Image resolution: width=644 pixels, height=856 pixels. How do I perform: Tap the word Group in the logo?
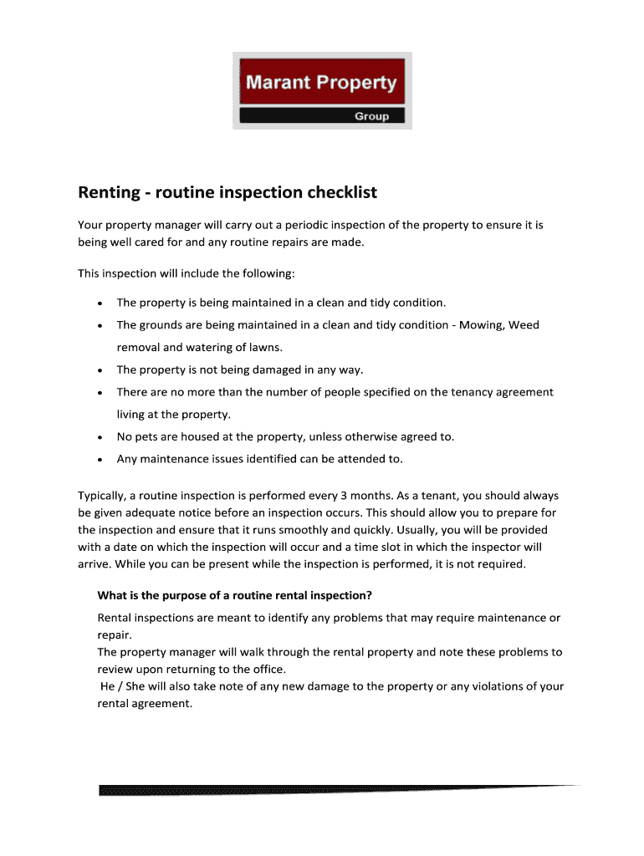371,116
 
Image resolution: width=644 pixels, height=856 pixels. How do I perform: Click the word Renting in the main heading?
107,193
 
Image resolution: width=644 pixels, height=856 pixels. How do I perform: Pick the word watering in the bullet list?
211,347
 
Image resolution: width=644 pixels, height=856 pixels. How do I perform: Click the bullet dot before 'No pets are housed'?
100,437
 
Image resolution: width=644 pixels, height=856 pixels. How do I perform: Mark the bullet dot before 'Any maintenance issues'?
100,460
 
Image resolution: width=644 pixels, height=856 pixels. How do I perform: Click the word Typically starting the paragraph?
103,496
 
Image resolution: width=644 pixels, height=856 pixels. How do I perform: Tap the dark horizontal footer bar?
335,790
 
